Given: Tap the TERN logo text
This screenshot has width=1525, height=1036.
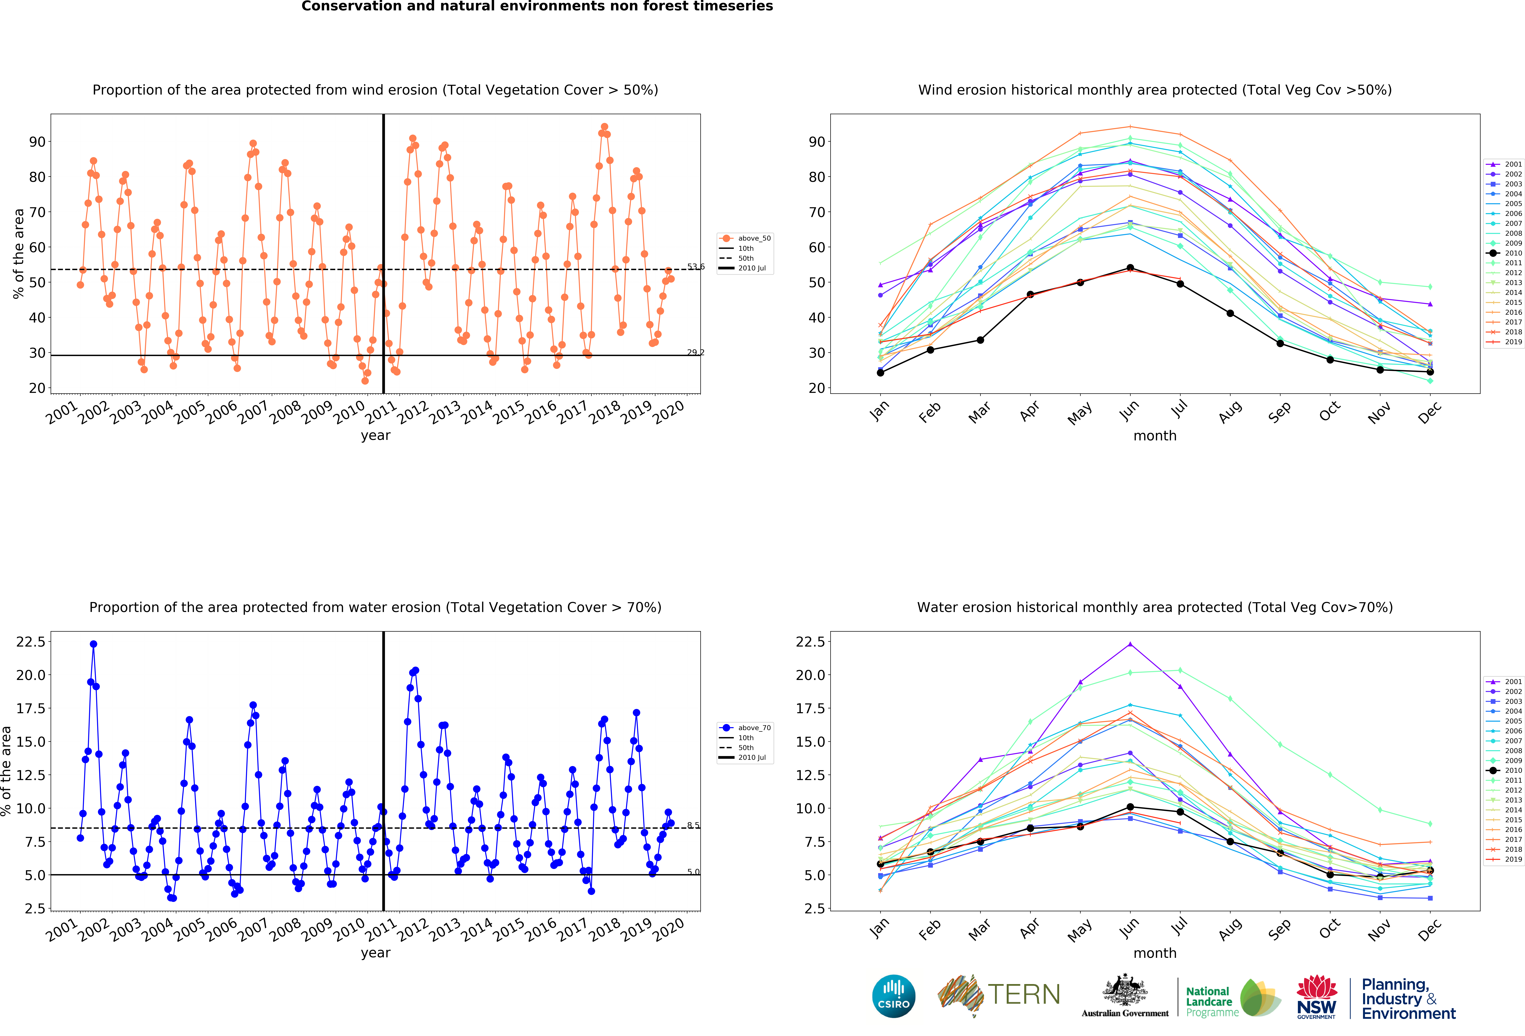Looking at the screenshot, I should [x=1024, y=995].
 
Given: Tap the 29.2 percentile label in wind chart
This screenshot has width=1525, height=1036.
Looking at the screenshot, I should [x=695, y=352].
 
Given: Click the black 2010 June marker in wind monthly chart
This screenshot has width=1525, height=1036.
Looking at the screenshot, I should [x=1130, y=268].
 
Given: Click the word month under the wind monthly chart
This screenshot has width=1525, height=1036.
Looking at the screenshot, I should [x=1155, y=436].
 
